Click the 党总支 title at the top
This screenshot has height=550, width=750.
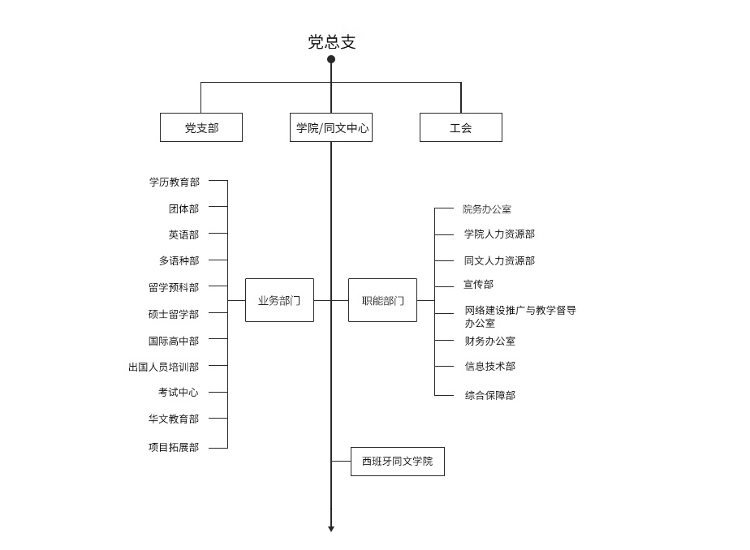pyautogui.click(x=331, y=42)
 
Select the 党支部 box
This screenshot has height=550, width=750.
pyautogui.click(x=201, y=127)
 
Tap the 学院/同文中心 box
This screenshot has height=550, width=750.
pyautogui.click(x=331, y=127)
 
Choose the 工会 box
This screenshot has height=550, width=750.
pyautogui.click(x=461, y=127)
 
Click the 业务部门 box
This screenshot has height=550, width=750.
pyautogui.click(x=279, y=300)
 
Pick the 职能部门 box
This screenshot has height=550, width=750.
pyautogui.click(x=382, y=300)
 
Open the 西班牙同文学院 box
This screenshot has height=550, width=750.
pyautogui.click(x=398, y=462)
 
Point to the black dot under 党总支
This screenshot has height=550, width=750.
pyautogui.click(x=331, y=59)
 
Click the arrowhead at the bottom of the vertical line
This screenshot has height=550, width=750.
pyautogui.click(x=331, y=528)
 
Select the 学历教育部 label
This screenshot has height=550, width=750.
pyautogui.click(x=174, y=182)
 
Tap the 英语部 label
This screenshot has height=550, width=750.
pyautogui.click(x=183, y=234)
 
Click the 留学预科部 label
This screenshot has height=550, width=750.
pyautogui.click(x=174, y=287)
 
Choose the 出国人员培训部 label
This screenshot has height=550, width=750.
pyautogui.click(x=164, y=367)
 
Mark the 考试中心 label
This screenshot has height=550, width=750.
pyautogui.click(x=179, y=393)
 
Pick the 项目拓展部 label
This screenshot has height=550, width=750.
pyautogui.click(x=174, y=447)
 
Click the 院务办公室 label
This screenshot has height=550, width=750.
pyautogui.click(x=487, y=209)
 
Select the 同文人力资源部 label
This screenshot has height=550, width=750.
pyautogui.click(x=499, y=260)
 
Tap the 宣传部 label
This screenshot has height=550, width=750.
pyautogui.click(x=478, y=284)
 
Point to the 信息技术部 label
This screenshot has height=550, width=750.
pyautogui.click(x=490, y=367)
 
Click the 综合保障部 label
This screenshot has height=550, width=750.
pyautogui.click(x=490, y=395)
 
